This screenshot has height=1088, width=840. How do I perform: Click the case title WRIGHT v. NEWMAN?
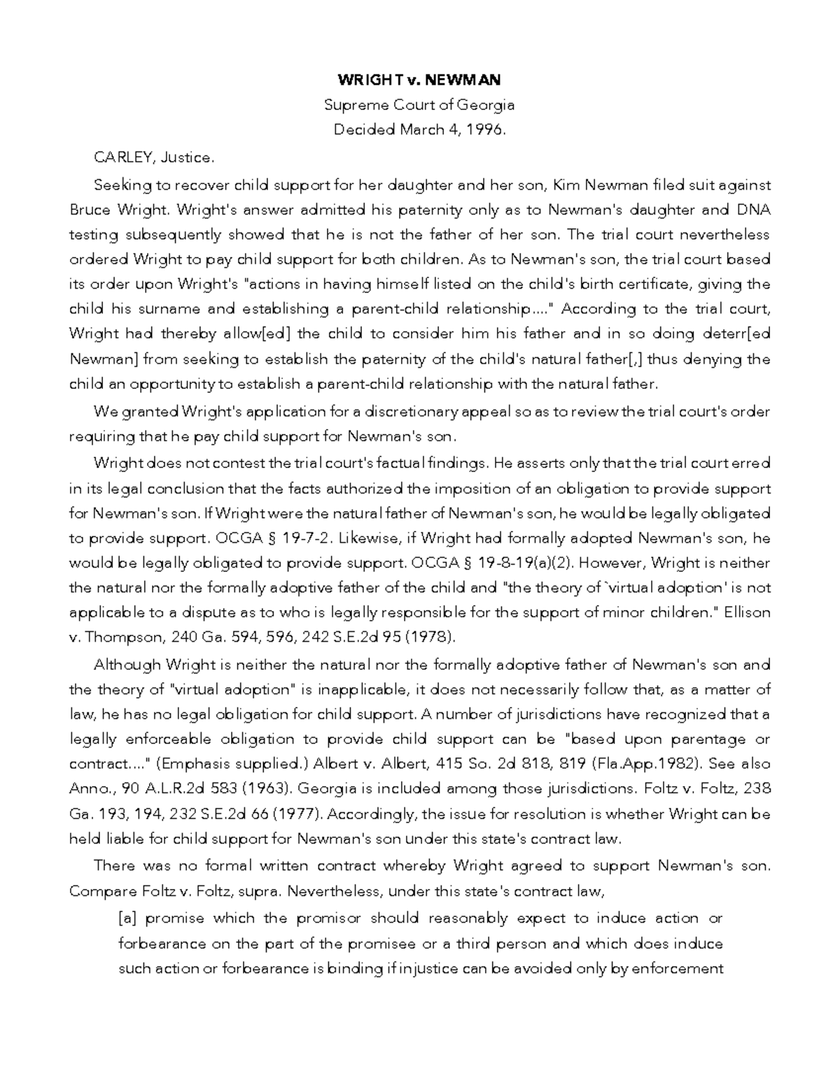click(419, 79)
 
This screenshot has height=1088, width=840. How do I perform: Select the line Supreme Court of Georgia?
click(419, 105)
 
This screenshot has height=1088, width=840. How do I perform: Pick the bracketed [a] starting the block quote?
click(129, 918)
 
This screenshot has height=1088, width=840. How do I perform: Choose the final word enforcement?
click(679, 968)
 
